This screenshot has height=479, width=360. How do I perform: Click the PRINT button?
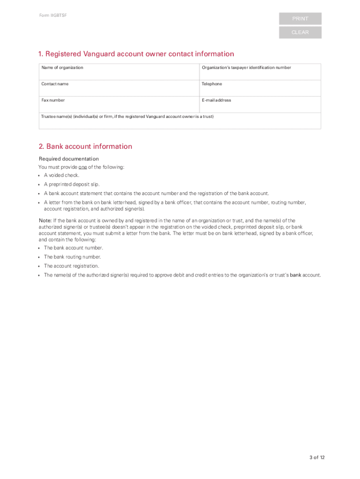point(300,19)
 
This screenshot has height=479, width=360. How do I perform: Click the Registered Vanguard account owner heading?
point(136,54)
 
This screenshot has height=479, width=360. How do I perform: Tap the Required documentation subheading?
point(68,159)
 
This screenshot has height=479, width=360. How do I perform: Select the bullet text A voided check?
point(61,175)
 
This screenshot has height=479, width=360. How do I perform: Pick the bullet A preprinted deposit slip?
point(72,184)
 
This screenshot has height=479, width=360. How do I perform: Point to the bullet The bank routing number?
point(72,257)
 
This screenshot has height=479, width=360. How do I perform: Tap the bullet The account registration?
point(71,266)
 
